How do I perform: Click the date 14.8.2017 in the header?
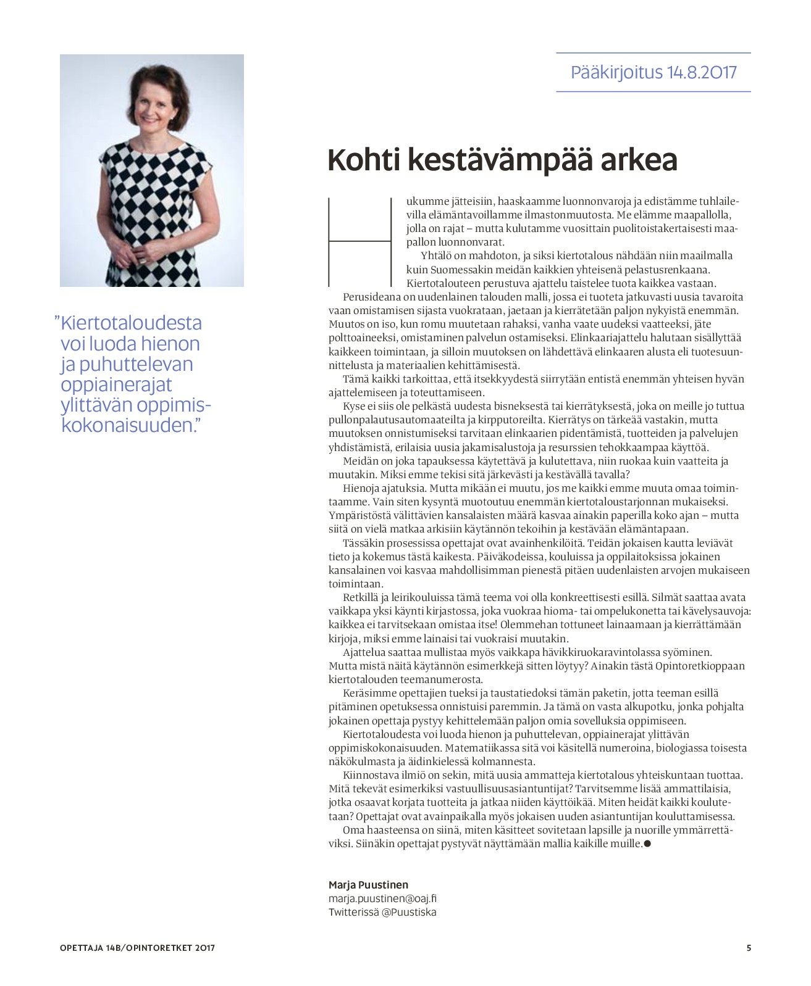(702, 72)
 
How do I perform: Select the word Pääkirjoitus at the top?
(616, 72)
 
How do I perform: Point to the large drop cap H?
(360, 242)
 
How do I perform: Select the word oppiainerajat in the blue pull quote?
(117, 384)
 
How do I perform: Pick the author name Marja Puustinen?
(368, 885)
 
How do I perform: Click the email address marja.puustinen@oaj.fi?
(382, 898)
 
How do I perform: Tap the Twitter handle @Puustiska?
(409, 912)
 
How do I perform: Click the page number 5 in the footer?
(749, 948)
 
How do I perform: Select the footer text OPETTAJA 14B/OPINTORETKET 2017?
(137, 948)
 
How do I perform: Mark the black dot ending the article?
(647, 843)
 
